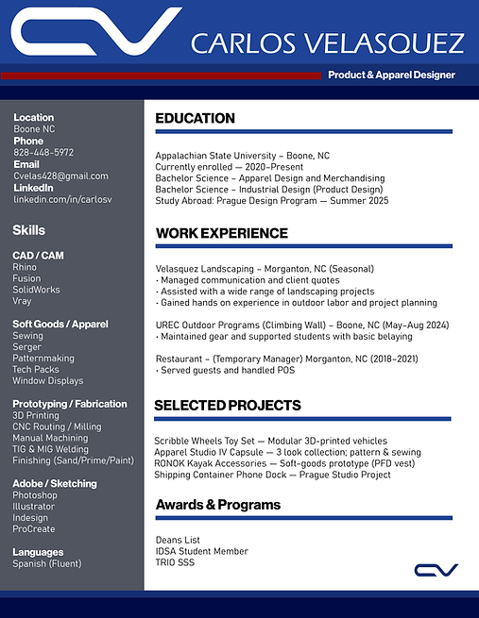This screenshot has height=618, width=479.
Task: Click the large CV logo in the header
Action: (x=94, y=33)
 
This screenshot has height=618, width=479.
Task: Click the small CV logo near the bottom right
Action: (x=436, y=569)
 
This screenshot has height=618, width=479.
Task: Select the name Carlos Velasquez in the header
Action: (x=327, y=43)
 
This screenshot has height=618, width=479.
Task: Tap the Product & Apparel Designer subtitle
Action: (x=391, y=75)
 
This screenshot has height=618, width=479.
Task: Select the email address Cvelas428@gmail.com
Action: (x=60, y=176)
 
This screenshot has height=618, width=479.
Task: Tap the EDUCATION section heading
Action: (x=195, y=119)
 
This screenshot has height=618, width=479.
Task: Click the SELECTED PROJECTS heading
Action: (x=228, y=406)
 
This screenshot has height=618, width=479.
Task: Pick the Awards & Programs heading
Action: (x=217, y=505)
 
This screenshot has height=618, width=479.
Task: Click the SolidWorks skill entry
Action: (x=36, y=290)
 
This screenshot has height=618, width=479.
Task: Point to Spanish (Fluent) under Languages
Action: (x=47, y=564)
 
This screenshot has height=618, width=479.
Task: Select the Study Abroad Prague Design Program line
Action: (x=271, y=201)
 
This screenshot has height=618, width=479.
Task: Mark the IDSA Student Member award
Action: (x=201, y=551)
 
